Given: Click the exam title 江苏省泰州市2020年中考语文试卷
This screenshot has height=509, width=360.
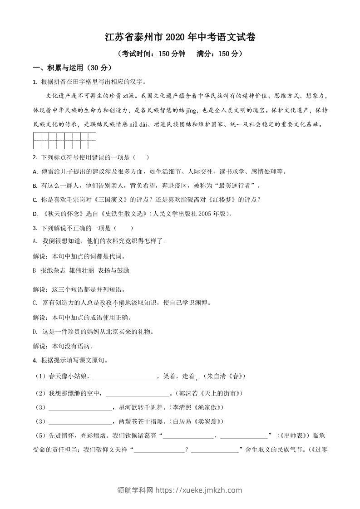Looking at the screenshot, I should click(180, 38).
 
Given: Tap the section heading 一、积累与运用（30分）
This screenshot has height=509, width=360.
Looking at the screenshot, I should click(72, 68).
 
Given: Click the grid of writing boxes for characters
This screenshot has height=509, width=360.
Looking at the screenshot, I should click(64, 141).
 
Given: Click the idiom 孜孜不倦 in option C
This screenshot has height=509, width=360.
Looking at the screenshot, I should click(112, 303).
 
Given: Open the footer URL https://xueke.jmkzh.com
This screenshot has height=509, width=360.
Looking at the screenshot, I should click(199, 490).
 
